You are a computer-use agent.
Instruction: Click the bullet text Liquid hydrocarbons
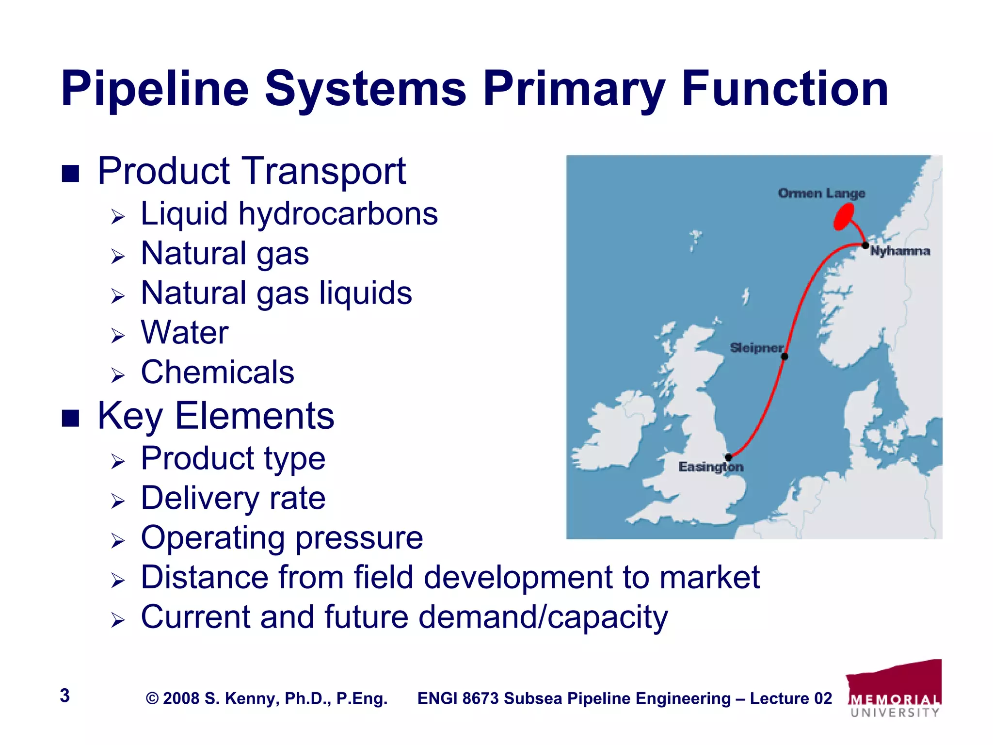[x=289, y=214]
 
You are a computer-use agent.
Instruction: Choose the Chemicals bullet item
[x=217, y=372]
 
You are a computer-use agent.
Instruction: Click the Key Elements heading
[x=216, y=416]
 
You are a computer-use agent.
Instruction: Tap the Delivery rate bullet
[x=233, y=498]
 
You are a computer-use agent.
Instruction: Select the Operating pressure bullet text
[x=282, y=538]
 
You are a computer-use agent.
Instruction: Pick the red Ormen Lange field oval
[x=844, y=216]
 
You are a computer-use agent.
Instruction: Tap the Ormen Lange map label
[x=821, y=194]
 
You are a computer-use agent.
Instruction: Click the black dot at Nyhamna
[x=865, y=245]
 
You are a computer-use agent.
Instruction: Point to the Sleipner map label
[x=756, y=348]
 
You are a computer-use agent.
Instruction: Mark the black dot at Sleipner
[x=785, y=356]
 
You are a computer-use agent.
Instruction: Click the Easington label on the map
[x=710, y=467]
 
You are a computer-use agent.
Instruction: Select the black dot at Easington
[x=728, y=457]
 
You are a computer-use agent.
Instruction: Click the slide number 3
[x=65, y=696]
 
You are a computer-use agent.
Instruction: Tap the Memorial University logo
[x=895, y=689]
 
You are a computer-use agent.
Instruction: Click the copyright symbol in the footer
[x=152, y=698]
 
